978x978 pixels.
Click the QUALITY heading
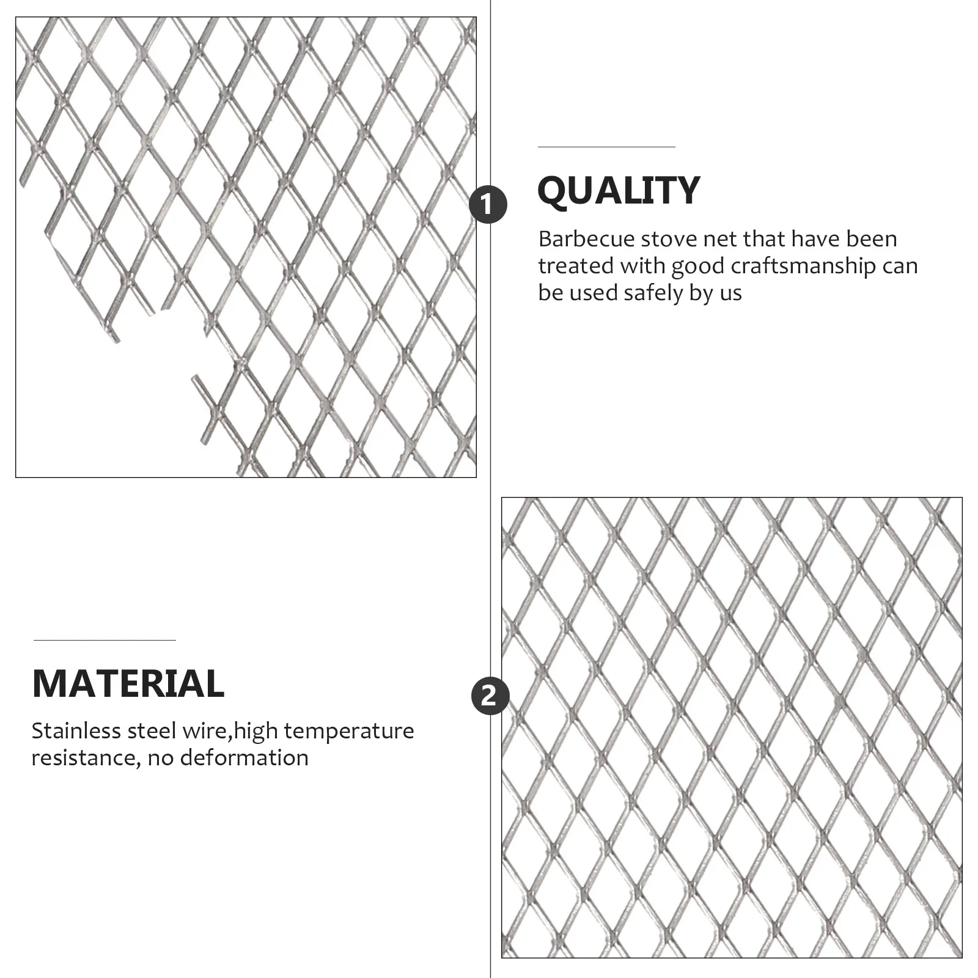(x=618, y=191)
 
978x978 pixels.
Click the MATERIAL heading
(x=128, y=683)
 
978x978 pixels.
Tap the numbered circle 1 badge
(x=488, y=205)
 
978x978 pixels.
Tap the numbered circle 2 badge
(x=490, y=696)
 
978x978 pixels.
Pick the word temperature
(x=349, y=732)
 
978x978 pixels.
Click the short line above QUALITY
(x=606, y=147)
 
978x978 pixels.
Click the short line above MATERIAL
(x=105, y=640)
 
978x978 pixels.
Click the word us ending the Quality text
(x=730, y=293)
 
